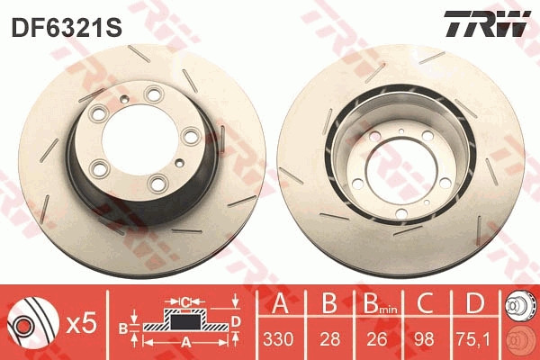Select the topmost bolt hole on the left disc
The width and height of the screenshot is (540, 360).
[152, 93]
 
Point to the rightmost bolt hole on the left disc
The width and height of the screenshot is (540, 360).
[189, 136]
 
